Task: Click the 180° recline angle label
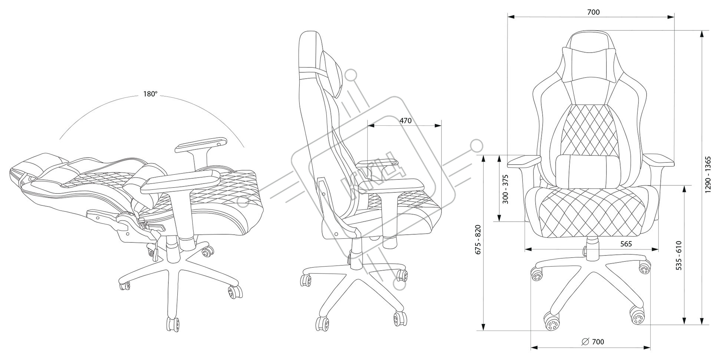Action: (150, 94)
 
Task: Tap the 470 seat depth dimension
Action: (405, 120)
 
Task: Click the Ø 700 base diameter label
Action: (593, 341)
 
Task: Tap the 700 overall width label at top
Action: (593, 12)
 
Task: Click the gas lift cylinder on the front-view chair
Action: (592, 250)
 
